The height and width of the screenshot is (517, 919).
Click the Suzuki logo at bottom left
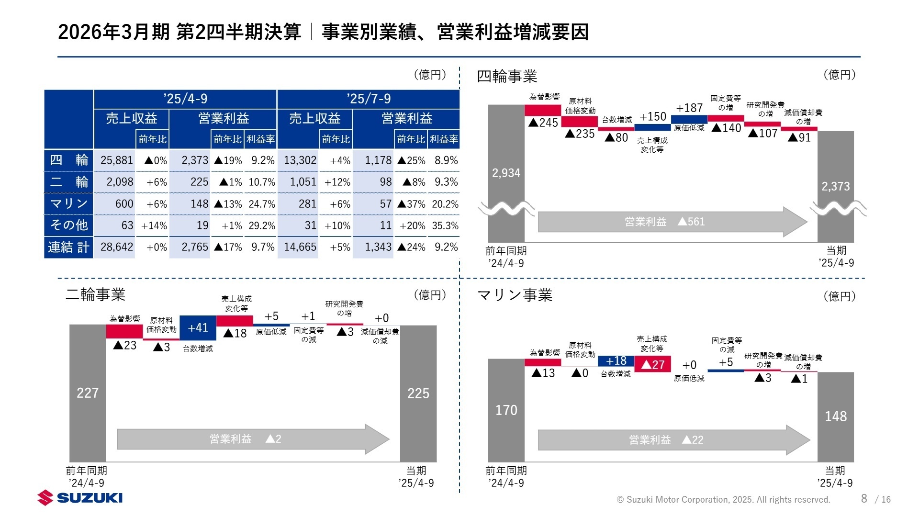pyautogui.click(x=80, y=498)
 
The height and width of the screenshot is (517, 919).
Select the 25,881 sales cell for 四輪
pyautogui.click(x=116, y=160)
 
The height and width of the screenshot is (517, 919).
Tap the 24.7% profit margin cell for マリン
pyautogui.click(x=261, y=204)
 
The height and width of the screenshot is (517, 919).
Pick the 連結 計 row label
pyautogui.click(x=68, y=247)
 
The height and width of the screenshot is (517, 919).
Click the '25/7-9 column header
pyautogui.click(x=368, y=99)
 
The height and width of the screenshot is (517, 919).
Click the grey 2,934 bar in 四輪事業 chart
pyautogui.click(x=506, y=173)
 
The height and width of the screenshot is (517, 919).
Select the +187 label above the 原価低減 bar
pyautogui.click(x=689, y=108)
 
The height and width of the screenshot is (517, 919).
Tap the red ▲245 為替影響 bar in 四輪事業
pyautogui.click(x=543, y=111)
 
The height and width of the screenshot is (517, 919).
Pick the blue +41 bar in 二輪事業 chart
pyautogui.click(x=198, y=328)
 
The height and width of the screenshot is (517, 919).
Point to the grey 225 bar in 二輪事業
pyautogui.click(x=418, y=393)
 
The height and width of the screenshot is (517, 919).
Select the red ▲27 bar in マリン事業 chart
pyautogui.click(x=652, y=364)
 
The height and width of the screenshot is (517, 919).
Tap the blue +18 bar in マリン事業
pyautogui.click(x=616, y=361)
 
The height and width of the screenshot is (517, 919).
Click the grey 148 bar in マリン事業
pyautogui.click(x=835, y=416)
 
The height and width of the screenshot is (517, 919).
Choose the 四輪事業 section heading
pyautogui.click(x=507, y=76)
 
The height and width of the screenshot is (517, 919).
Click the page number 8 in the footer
pyautogui.click(x=863, y=498)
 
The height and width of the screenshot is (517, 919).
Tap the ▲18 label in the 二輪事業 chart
pyautogui.click(x=235, y=333)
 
